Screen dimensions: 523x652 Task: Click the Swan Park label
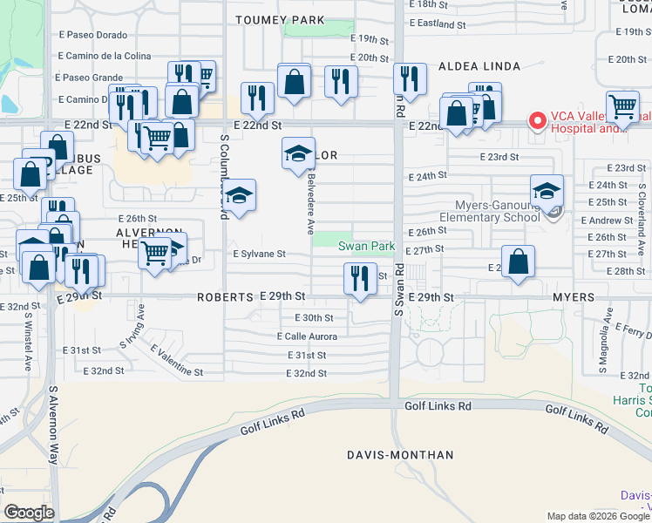(x=366, y=247)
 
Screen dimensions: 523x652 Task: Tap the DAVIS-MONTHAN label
(x=400, y=455)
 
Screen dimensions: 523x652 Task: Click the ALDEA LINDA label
(x=479, y=66)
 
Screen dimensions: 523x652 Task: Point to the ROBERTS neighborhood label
(x=224, y=297)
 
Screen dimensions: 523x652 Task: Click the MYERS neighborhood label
(x=574, y=297)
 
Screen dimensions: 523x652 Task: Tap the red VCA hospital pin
(x=538, y=120)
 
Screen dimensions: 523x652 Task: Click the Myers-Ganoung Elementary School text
(x=485, y=210)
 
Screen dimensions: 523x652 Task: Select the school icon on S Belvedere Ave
(x=298, y=154)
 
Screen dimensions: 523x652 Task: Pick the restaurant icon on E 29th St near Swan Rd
(x=359, y=279)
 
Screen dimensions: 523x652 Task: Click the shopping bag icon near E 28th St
(x=518, y=261)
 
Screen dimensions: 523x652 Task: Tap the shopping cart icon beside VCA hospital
(x=622, y=107)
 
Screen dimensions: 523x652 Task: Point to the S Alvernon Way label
(x=53, y=427)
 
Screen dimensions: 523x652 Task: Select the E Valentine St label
(x=176, y=360)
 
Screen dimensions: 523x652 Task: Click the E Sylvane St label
(x=259, y=254)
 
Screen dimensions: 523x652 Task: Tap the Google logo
(x=29, y=513)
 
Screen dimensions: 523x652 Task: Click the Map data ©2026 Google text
(x=596, y=516)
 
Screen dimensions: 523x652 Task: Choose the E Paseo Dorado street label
(x=92, y=34)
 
